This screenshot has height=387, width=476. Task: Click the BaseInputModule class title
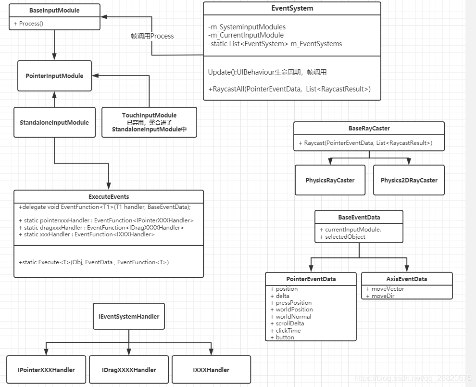tap(54, 10)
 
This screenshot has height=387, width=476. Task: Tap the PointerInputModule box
tap(54, 76)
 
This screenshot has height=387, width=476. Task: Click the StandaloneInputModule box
tap(54, 122)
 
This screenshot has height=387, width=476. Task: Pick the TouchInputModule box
tap(149, 122)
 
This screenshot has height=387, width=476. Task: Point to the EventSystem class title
tap(292, 8)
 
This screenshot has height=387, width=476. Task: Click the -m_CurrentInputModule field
tap(246, 35)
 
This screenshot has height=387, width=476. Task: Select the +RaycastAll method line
tap(289, 89)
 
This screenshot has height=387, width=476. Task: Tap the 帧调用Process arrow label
tap(152, 36)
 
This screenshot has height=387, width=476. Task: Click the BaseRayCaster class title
tap(369, 129)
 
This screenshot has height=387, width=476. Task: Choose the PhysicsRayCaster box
tap(330, 181)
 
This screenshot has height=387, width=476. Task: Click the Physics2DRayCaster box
tap(409, 181)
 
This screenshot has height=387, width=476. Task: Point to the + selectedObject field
tap(342, 237)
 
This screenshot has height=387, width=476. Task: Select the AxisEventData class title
tap(407, 279)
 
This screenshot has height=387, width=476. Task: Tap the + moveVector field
tap(385, 289)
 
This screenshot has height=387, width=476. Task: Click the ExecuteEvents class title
tap(109, 196)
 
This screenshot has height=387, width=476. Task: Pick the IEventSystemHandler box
tap(129, 316)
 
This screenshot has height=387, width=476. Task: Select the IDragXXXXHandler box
tap(129, 370)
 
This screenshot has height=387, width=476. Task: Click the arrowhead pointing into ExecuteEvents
tap(109, 186)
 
